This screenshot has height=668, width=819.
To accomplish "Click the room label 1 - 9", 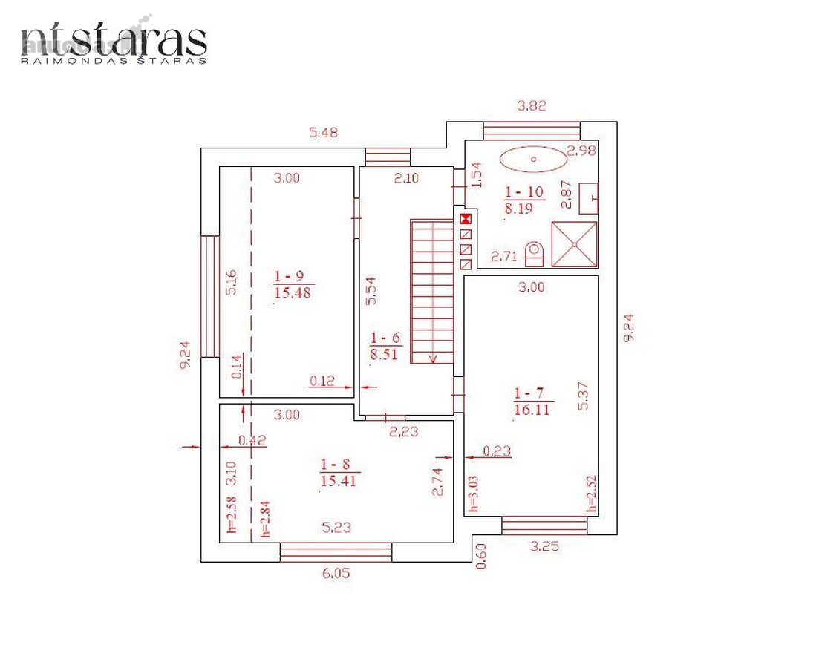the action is (289, 276).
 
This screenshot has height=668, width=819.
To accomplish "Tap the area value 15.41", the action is (338, 480).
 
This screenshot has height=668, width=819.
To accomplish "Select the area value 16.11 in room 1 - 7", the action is (532, 409).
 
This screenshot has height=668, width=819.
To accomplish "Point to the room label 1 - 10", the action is (524, 192).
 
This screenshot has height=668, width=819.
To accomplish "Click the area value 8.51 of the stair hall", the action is (384, 354).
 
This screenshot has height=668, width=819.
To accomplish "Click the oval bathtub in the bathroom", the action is (533, 159).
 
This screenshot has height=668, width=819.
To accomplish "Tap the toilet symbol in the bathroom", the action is (534, 255).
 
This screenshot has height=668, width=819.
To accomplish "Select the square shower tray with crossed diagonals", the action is (574, 244).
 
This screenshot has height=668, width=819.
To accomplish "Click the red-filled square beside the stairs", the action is (466, 219).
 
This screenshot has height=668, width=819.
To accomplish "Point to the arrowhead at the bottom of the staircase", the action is (433, 358).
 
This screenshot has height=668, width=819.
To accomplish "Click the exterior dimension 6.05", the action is (336, 574).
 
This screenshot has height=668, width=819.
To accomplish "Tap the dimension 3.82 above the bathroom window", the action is (532, 105).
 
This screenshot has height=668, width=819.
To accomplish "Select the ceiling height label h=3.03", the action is (473, 493).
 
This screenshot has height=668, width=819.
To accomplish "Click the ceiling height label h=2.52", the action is (591, 493).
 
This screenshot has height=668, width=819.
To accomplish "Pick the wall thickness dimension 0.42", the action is (252, 440).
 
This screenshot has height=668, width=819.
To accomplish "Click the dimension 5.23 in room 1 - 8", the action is (336, 528).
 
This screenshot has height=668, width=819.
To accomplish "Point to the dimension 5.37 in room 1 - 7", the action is (584, 396).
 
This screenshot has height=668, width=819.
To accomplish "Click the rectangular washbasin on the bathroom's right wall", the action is (589, 198).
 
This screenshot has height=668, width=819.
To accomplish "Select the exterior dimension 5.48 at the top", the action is (323, 133).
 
